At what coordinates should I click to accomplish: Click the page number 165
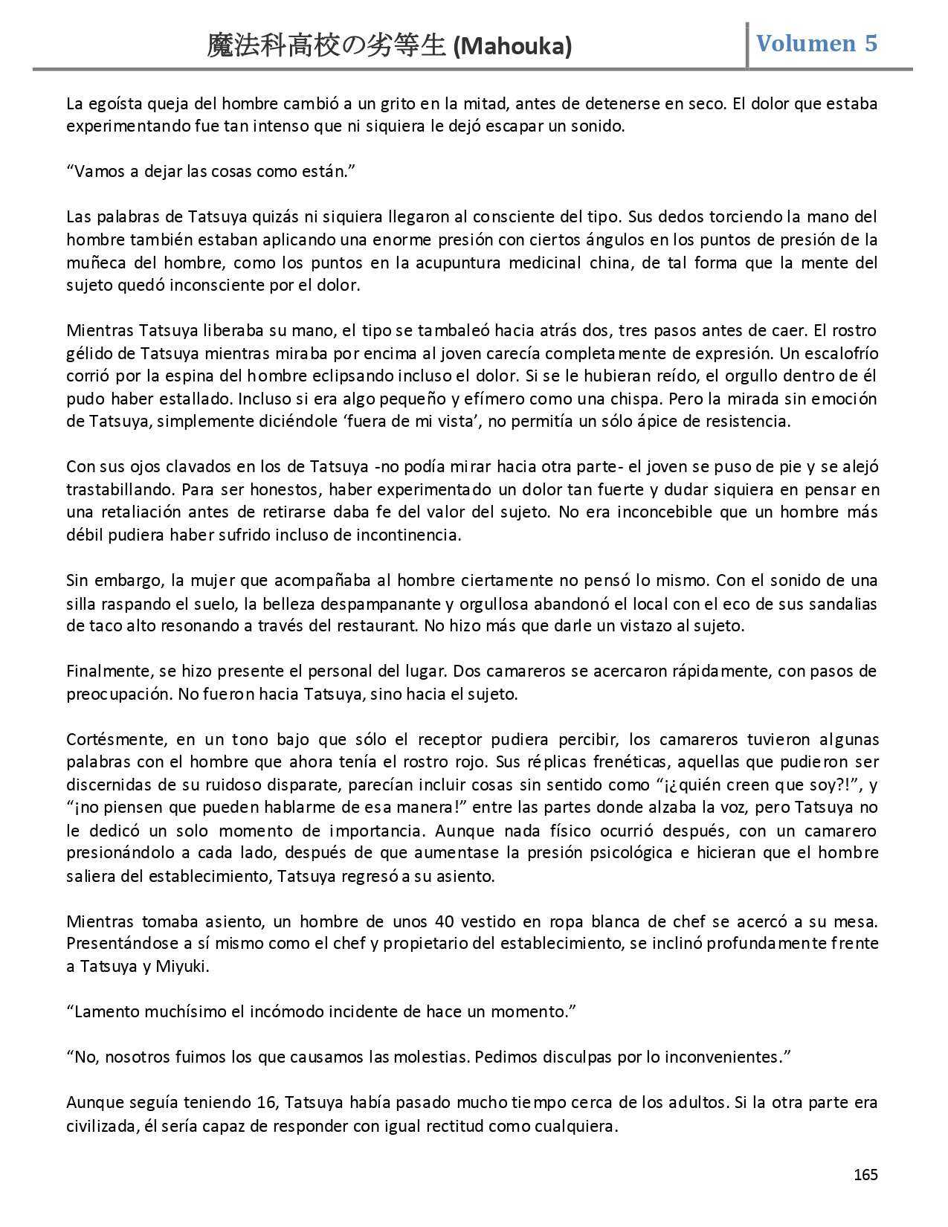pos(865,1174)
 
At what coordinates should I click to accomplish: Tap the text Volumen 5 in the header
pos(816,43)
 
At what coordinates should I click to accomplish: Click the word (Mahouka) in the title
pos(512,46)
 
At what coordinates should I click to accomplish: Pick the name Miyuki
pos(182,967)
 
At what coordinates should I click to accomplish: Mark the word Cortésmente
pos(113,739)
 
